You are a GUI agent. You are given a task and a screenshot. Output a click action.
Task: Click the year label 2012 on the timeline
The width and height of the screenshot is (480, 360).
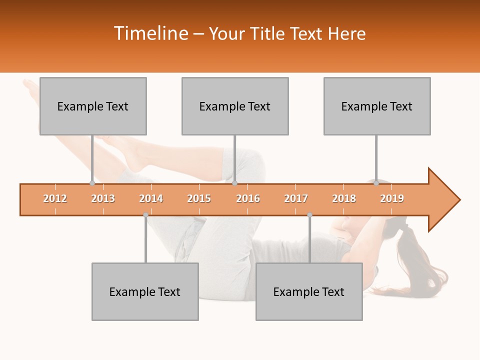(x=55, y=198)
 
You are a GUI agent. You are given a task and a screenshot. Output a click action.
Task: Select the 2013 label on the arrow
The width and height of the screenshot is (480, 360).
(x=103, y=198)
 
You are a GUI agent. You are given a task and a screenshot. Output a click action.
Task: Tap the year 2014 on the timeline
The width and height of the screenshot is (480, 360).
(x=151, y=198)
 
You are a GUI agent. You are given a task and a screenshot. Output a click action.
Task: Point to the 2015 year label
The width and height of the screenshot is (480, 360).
(x=199, y=198)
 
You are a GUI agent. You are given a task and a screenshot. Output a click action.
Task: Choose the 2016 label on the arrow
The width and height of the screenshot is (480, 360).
(x=248, y=198)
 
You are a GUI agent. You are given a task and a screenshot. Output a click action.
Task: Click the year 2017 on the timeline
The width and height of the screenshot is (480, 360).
(x=296, y=198)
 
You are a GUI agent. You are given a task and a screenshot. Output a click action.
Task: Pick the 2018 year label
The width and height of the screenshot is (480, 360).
(x=344, y=198)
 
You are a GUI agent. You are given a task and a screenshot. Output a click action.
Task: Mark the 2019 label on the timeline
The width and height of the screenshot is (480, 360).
(x=392, y=198)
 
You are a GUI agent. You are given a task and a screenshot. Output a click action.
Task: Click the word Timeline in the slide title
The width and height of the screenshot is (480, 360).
(x=150, y=33)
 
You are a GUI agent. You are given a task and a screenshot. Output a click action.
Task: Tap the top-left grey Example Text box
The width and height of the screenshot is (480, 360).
(x=93, y=106)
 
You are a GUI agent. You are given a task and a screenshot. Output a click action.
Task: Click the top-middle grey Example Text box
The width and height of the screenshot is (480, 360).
(x=235, y=106)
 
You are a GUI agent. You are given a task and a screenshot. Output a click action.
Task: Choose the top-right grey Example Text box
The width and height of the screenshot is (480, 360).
(x=377, y=106)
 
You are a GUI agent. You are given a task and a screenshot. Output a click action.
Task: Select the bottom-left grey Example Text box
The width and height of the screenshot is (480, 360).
(x=145, y=291)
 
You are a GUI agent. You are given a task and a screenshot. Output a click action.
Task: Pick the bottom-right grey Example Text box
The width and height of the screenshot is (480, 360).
(x=309, y=291)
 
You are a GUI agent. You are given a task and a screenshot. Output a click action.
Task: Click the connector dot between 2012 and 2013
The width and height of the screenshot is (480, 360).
(x=92, y=183)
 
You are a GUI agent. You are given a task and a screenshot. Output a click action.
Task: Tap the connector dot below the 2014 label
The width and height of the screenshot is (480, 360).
(x=145, y=215)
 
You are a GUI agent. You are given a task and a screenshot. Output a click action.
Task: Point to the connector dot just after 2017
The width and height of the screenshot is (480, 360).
(x=309, y=215)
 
